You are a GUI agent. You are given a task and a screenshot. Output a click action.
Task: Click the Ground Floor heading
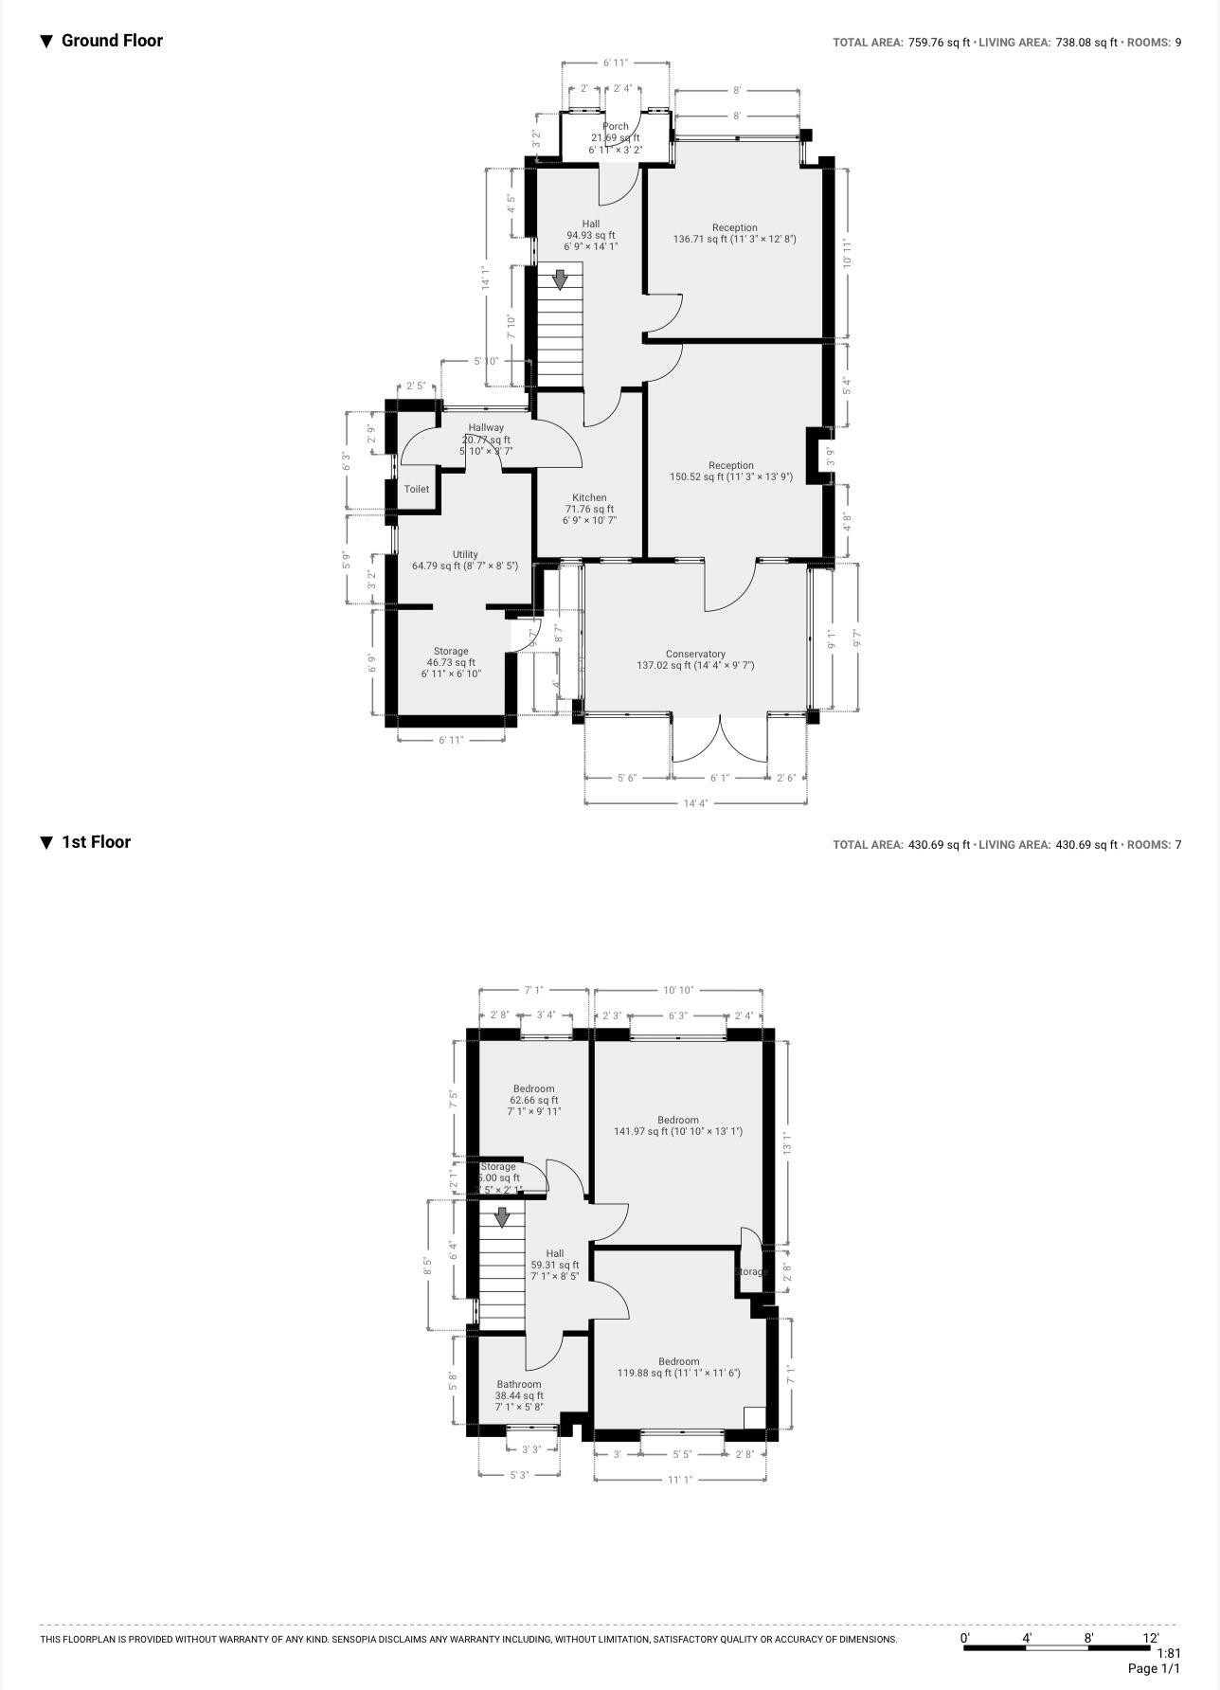[x=111, y=41]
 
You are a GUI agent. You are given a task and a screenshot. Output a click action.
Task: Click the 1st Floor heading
[x=95, y=842]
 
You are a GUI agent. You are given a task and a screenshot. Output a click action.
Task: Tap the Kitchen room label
[x=589, y=498]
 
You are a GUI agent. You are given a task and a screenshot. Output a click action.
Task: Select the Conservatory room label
[x=695, y=655]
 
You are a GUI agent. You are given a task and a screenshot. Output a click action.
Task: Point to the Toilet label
[x=417, y=490]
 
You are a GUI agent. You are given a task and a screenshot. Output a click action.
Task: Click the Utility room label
[x=465, y=555]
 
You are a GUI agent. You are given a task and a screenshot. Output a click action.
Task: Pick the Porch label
[x=616, y=127]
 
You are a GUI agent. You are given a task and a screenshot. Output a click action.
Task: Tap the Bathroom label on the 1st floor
[x=519, y=1385]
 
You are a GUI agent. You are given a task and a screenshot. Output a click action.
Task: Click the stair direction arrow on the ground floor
[x=560, y=279]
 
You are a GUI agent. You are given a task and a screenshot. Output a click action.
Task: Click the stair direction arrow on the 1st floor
[x=502, y=1216]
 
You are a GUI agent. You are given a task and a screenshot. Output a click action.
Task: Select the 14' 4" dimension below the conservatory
[x=695, y=803]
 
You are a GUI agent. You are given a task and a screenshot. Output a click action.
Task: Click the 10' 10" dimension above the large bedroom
[x=678, y=990]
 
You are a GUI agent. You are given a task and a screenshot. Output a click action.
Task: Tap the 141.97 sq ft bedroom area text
[x=678, y=1131]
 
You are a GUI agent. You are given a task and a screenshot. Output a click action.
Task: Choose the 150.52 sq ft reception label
[x=731, y=477]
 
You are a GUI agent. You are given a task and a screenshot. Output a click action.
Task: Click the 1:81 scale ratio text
[x=1168, y=1653]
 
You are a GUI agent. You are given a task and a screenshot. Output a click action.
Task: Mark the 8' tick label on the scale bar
[x=1088, y=1638]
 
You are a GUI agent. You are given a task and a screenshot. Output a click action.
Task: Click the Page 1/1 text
[x=1154, y=1668]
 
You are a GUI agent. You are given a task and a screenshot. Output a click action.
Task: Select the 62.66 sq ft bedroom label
[x=534, y=1100]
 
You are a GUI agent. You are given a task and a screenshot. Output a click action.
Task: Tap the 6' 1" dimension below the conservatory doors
[x=720, y=778]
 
